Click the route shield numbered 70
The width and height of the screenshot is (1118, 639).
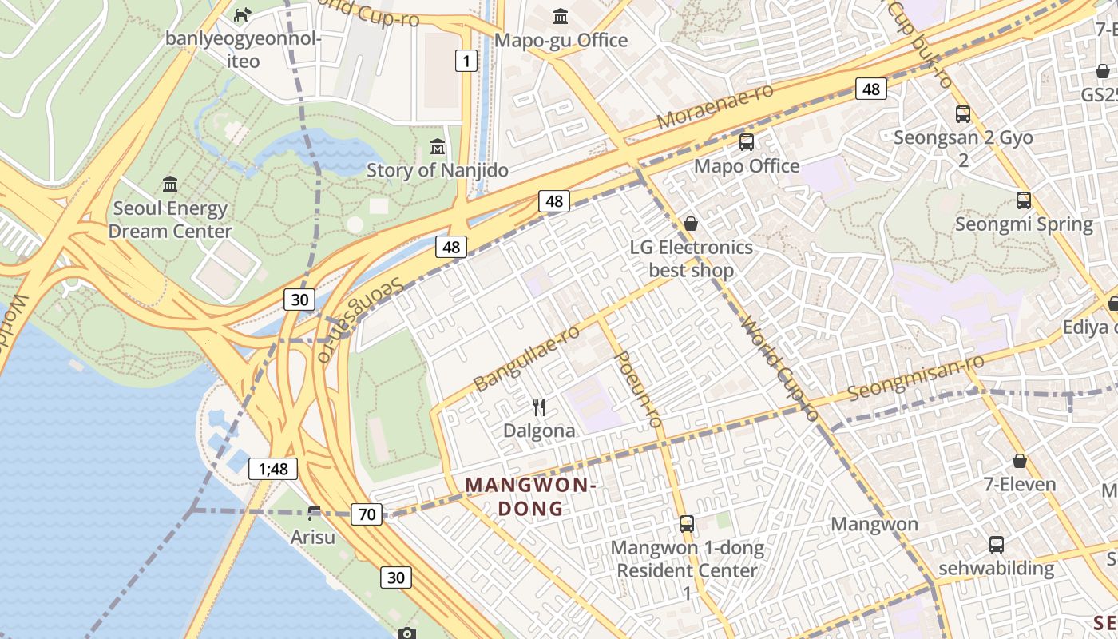click(x=367, y=514)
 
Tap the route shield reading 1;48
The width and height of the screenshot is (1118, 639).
click(x=273, y=469)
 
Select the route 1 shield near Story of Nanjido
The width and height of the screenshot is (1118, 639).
click(x=466, y=60)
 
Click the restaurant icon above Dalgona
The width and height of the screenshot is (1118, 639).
click(x=539, y=407)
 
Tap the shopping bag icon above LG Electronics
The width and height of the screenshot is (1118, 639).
click(x=691, y=224)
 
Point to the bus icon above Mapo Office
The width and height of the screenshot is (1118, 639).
click(x=747, y=142)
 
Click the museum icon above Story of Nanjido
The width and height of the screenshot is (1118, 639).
click(x=438, y=147)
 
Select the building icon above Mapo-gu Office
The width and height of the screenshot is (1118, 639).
click(x=561, y=16)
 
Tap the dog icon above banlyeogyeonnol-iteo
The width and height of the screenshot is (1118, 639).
click(x=242, y=14)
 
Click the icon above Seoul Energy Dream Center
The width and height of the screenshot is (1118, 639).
click(x=170, y=185)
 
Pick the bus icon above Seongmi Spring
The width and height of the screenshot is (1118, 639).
click(x=1024, y=200)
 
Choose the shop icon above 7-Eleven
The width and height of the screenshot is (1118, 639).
click(x=1020, y=461)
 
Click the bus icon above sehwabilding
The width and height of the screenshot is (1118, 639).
click(x=997, y=545)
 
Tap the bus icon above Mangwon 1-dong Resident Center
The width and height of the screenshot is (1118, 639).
click(x=687, y=524)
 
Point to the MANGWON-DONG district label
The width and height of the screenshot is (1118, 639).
click(x=531, y=496)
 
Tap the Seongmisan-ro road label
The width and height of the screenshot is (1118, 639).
click(x=915, y=379)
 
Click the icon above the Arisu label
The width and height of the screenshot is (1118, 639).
click(x=314, y=513)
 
